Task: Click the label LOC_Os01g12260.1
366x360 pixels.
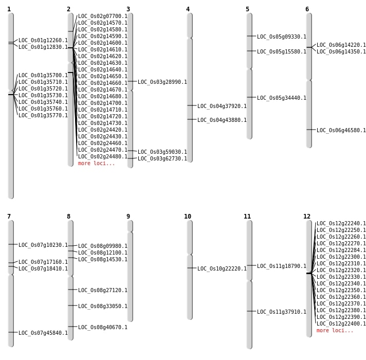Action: [43, 41]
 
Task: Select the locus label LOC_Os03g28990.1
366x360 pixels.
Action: [162, 82]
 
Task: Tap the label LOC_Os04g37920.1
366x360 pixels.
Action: [222, 106]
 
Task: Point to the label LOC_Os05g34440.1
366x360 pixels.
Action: [282, 98]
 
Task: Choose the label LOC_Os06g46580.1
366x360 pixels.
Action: [341, 131]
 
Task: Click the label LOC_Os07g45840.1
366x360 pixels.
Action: [43, 333]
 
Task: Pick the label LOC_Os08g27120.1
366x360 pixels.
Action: [103, 290]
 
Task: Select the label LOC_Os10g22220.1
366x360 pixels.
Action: [222, 268]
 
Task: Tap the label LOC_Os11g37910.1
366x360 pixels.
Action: [282, 312]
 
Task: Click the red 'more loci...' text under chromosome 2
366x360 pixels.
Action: [97, 163]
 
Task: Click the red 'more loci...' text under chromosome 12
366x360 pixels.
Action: [335, 330]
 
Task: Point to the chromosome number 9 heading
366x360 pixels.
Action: [128, 217]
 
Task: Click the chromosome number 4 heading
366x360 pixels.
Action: [188, 9]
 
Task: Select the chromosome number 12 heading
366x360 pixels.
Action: [307, 217]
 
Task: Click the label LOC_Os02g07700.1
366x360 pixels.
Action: [103, 16]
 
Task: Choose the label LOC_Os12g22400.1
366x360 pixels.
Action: [341, 323]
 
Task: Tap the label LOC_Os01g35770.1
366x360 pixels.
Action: [43, 115]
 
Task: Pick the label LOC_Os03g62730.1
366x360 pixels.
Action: [162, 158]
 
